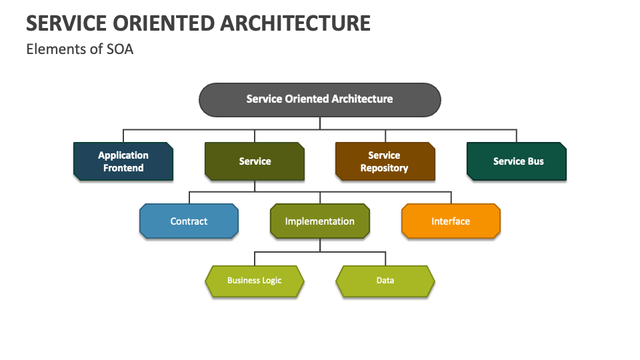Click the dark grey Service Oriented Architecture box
coord(319,99)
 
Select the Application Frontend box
coord(123,161)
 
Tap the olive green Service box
coord(255,161)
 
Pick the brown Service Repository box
coord(385,161)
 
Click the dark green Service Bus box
coord(517,161)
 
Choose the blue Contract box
coord(189,221)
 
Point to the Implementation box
coord(320,221)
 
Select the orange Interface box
coord(451,221)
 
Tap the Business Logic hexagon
coord(255,281)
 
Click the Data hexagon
coord(385,281)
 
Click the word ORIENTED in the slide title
coord(164,23)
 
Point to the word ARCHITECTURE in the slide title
coord(295,23)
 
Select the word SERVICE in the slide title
coord(67,23)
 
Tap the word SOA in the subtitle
coord(120,49)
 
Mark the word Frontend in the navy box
coord(123,168)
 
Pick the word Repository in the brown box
coord(384,168)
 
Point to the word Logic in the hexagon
coord(271,281)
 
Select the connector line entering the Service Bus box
coord(517,136)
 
